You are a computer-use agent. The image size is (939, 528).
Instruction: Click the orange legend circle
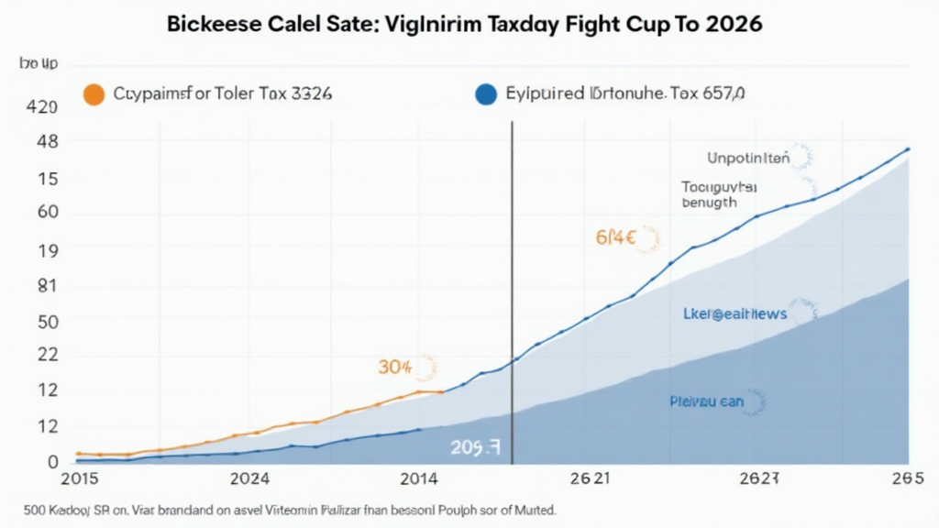[94, 93]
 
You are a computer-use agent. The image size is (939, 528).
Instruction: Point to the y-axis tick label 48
[46, 143]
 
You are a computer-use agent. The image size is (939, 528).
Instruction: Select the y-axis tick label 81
[46, 286]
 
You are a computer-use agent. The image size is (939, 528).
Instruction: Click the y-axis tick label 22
[46, 356]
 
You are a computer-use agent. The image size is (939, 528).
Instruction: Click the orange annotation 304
[394, 368]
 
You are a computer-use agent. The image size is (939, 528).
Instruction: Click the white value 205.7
[475, 447]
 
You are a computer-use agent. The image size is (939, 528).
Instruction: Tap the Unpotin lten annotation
[747, 158]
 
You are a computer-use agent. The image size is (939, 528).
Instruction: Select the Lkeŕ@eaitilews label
[735, 313]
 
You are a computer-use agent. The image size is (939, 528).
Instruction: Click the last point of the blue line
[908, 148]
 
